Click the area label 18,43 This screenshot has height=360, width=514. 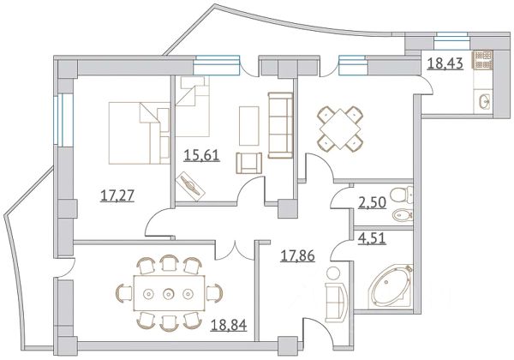tap(445, 63)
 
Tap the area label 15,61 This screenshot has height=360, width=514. tap(201, 155)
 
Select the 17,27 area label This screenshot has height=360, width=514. tap(117, 195)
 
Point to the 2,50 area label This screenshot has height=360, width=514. tap(372, 203)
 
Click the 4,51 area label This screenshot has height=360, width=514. tap(372, 238)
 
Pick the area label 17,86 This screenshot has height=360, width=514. tap(297, 255)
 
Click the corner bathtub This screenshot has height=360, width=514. tap(391, 286)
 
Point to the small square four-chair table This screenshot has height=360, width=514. tap(340, 129)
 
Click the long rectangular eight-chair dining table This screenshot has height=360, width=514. tap(169, 293)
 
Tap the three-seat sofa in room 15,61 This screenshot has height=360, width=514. tap(280, 125)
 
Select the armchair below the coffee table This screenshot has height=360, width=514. tap(248, 163)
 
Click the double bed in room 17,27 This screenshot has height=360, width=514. tap(140, 133)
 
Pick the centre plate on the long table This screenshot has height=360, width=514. tap(169, 293)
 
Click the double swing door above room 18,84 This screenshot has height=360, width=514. tap(236, 250)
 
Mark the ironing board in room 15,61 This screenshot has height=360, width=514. tap(191, 186)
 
